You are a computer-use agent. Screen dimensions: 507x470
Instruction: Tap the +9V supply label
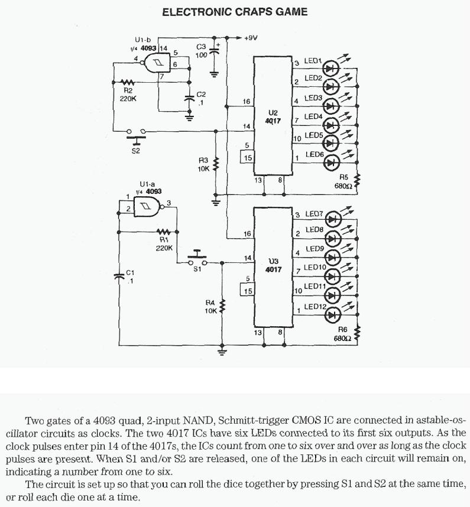point(250,38)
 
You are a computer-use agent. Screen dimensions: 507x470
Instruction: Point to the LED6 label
point(314,155)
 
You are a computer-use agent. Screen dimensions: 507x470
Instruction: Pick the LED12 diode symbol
point(332,314)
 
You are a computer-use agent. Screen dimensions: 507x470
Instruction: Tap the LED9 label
point(314,250)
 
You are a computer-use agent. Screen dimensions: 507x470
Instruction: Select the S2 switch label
point(136,151)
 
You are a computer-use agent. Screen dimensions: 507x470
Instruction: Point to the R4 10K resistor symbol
point(222,307)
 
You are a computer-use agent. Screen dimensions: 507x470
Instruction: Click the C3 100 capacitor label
point(200,50)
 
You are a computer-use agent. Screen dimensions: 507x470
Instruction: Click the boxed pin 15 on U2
point(248,158)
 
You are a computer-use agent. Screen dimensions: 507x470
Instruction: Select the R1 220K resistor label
point(164,244)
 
